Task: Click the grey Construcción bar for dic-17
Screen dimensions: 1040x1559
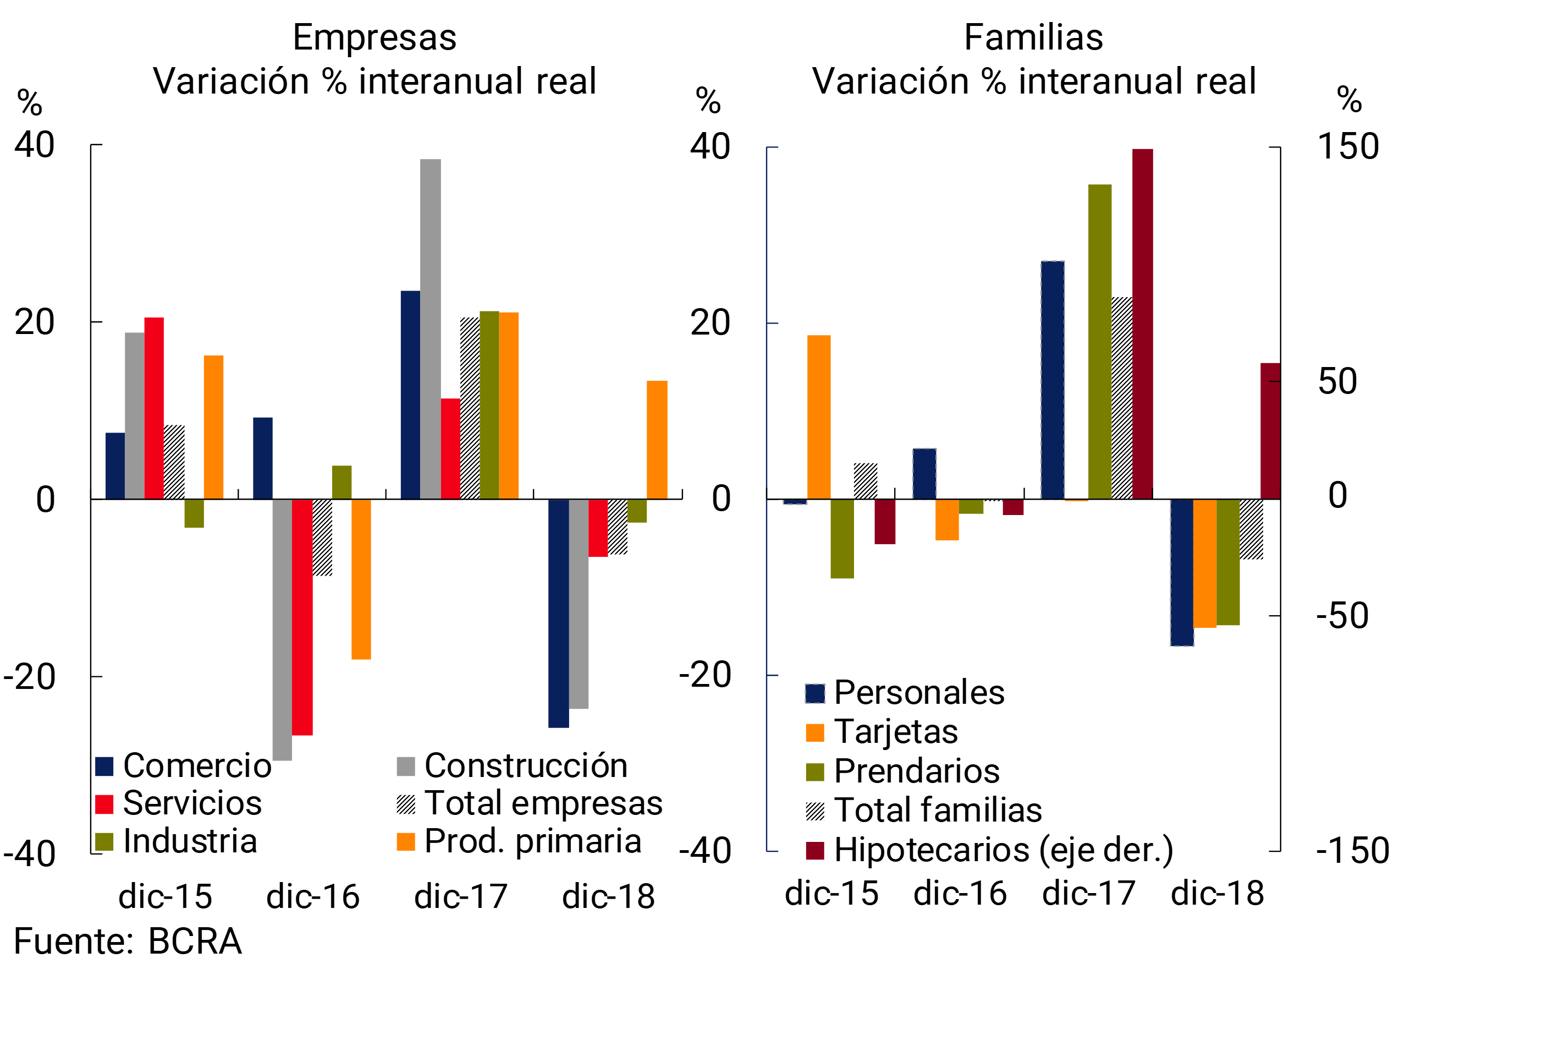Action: pos(430,329)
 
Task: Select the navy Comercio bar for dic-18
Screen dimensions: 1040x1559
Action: pos(558,613)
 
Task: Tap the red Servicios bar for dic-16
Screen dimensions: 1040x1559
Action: pos(302,617)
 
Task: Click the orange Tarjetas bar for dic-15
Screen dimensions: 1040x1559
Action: pos(819,417)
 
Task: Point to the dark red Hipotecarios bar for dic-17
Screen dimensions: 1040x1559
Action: pos(1142,324)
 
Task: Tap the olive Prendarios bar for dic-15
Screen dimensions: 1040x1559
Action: pos(842,538)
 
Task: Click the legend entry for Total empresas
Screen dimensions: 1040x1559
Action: pos(529,803)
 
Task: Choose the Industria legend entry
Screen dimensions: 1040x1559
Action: pos(175,841)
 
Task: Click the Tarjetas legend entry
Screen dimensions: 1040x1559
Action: pos(882,732)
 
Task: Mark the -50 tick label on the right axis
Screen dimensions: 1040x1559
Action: pos(1342,616)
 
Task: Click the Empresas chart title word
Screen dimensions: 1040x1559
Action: pos(374,37)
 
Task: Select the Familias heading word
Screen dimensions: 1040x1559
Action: pos(1033,37)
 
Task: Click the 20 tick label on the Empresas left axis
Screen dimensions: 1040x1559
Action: pos(35,323)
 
